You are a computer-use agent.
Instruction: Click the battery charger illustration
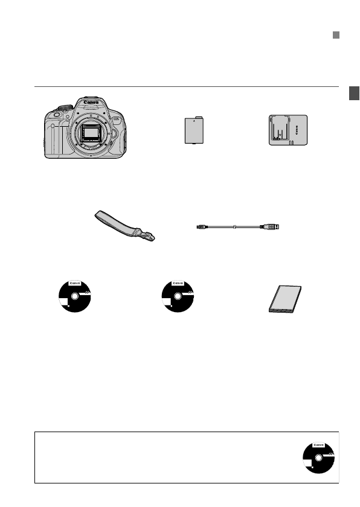pyautogui.click(x=288, y=131)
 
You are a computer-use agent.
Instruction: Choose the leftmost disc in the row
pyautogui.click(x=75, y=298)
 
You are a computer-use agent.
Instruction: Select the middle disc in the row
pyautogui.click(x=178, y=298)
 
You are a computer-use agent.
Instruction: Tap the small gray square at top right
pyautogui.click(x=336, y=36)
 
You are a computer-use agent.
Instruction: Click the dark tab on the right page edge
pyautogui.click(x=355, y=94)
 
